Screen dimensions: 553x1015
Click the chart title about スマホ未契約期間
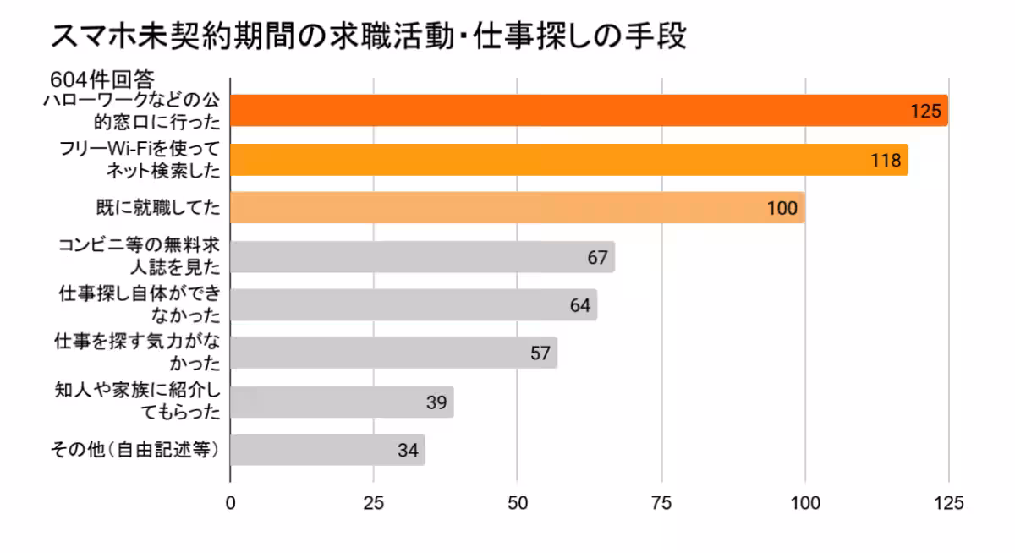pyautogui.click(x=369, y=37)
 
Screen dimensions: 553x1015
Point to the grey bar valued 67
pyautogui.click(x=421, y=257)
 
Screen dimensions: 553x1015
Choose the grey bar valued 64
pyautogui.click(x=413, y=305)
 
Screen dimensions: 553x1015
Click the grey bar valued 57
pyautogui.click(x=393, y=353)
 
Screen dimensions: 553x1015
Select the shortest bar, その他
pyautogui.click(x=326, y=450)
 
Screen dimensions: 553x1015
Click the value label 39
pyautogui.click(x=436, y=402)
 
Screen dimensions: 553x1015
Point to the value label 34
pyautogui.click(x=408, y=451)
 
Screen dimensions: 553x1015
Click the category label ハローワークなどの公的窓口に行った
pyautogui.click(x=131, y=112)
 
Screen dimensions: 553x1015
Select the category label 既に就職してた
pyautogui.click(x=157, y=206)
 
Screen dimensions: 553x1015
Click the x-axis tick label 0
pyautogui.click(x=230, y=502)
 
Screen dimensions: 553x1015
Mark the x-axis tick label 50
pyautogui.click(x=518, y=502)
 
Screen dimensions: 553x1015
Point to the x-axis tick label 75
pyautogui.click(x=661, y=502)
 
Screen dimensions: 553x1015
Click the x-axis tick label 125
pyautogui.click(x=948, y=502)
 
